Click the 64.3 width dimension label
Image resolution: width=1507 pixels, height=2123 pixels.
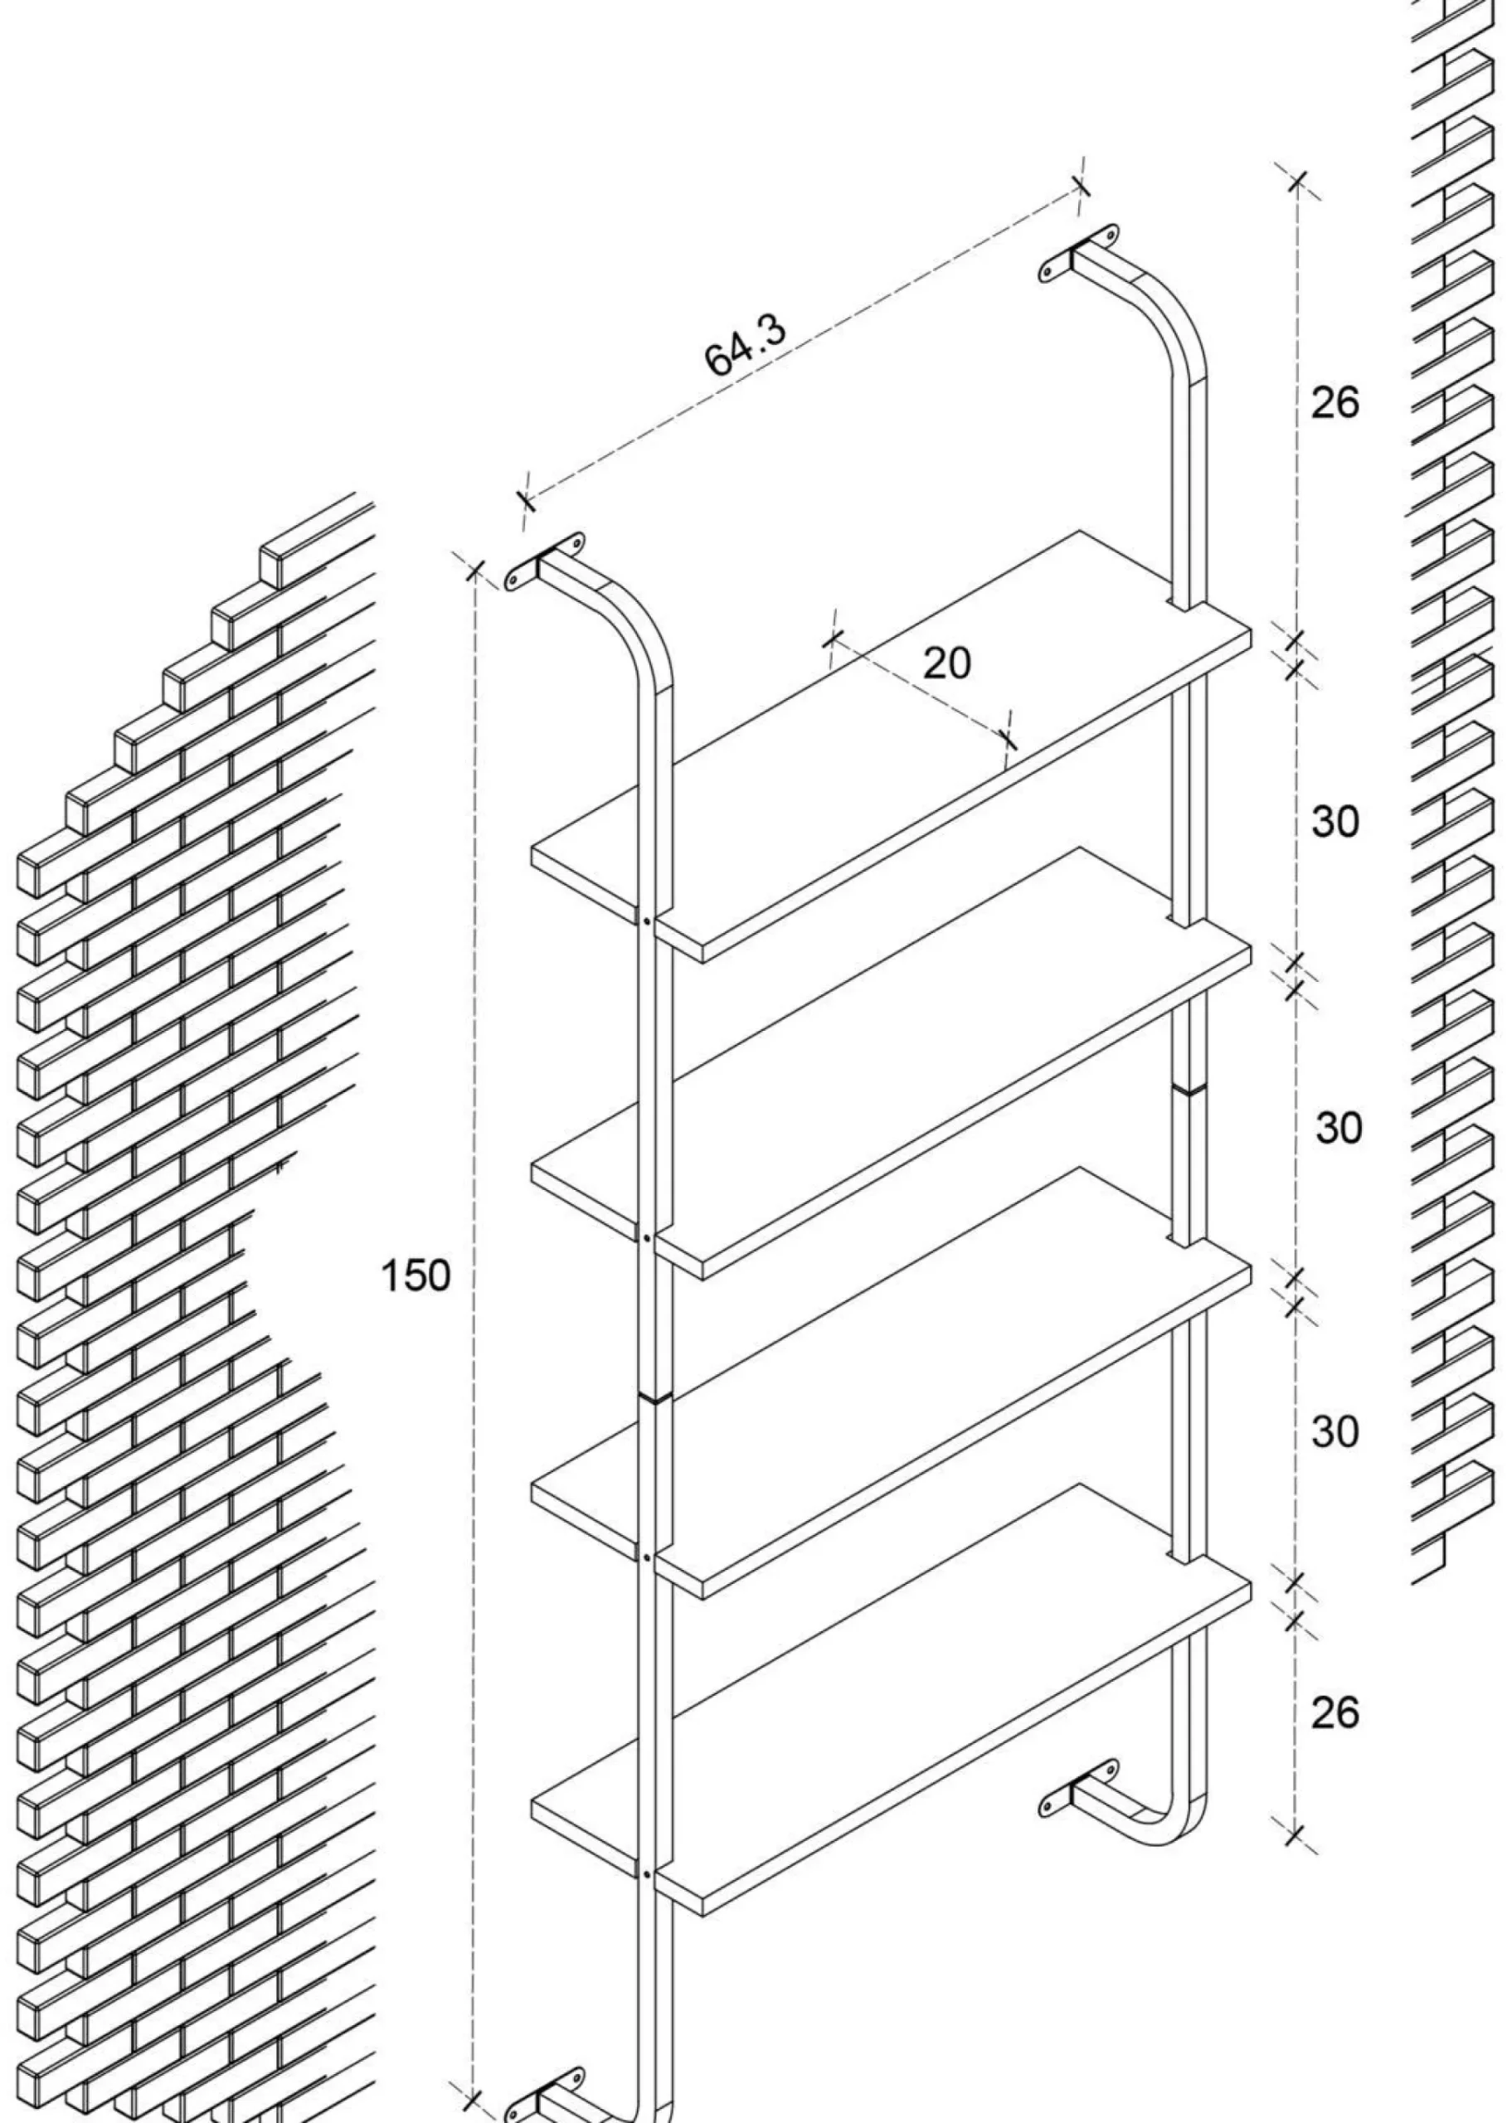pyautogui.click(x=745, y=344)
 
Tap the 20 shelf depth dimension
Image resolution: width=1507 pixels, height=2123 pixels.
pyautogui.click(x=946, y=663)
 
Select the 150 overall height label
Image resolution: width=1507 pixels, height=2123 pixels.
pyautogui.click(x=416, y=1275)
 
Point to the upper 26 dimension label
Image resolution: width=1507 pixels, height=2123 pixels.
pyautogui.click(x=1334, y=401)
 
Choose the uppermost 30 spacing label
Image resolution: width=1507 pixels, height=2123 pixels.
pyautogui.click(x=1334, y=821)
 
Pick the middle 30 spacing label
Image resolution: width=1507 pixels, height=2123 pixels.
pyautogui.click(x=1338, y=1127)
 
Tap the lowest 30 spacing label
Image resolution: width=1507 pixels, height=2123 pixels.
pyautogui.click(x=1334, y=1431)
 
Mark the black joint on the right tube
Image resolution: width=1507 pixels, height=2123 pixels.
pyautogui.click(x=1189, y=1088)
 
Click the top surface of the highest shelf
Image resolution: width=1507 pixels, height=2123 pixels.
pyautogui.click(x=891, y=742)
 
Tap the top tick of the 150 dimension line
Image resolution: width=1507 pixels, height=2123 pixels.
pyautogui.click(x=474, y=569)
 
